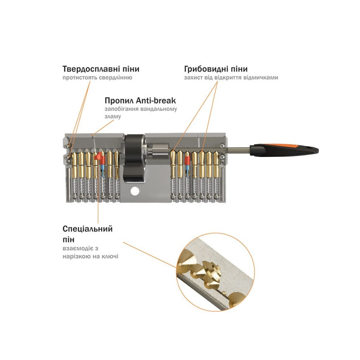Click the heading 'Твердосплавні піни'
[x=101, y=69]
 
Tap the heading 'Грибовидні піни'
[x=216, y=69]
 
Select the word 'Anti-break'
[x=156, y=100]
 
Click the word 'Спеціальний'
[x=88, y=229]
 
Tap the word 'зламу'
[x=113, y=117]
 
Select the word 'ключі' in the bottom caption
[x=111, y=256]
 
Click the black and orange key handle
[x=284, y=150]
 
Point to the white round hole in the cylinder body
[x=135, y=191]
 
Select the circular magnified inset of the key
[x=215, y=272]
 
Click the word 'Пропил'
[x=119, y=101]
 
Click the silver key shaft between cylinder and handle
[x=238, y=150]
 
